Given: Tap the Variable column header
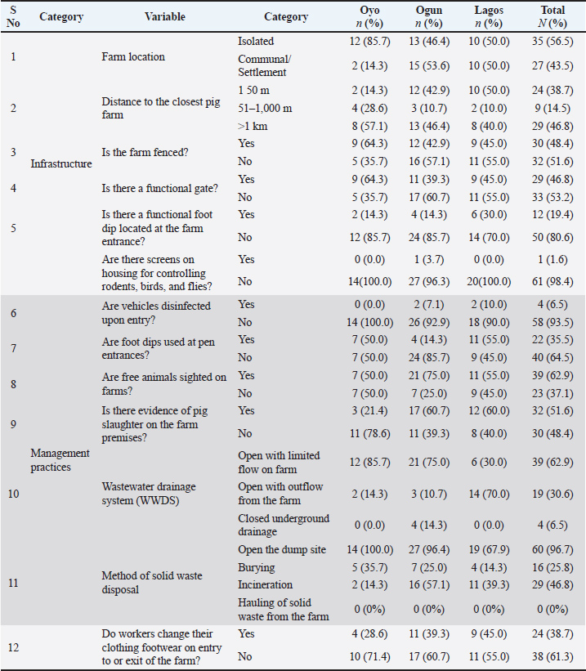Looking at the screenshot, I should click(164, 16).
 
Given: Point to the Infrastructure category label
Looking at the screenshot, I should click(61, 163).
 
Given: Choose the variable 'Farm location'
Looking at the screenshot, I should click(133, 56).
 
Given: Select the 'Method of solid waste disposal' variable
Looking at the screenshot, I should click(152, 582).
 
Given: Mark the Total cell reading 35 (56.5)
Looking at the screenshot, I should click(552, 41).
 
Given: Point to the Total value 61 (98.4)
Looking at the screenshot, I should click(552, 281).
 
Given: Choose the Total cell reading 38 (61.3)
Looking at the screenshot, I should click(552, 655).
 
